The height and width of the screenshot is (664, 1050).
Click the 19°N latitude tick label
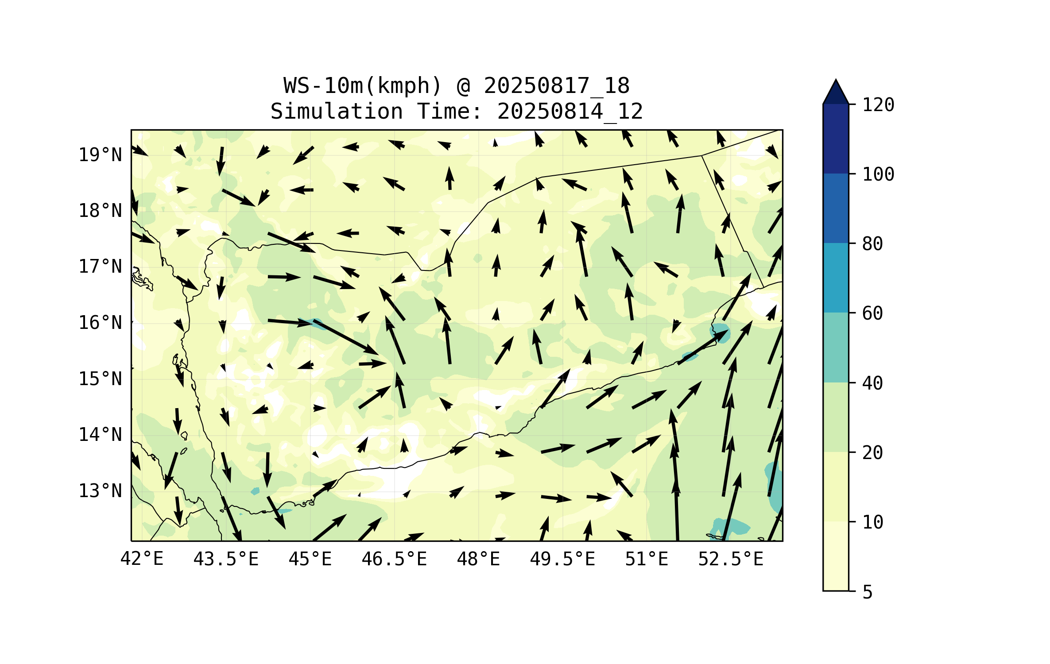point(100,155)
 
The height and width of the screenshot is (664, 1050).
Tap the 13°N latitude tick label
point(100,491)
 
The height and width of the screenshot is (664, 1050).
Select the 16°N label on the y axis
point(100,323)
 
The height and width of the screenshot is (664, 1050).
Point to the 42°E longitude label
point(142,559)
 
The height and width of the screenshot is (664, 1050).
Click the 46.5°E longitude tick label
point(394,559)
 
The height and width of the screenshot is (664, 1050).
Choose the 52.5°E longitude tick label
point(731,559)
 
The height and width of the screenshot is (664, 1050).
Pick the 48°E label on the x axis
point(478,559)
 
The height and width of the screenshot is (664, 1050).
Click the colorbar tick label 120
point(878,105)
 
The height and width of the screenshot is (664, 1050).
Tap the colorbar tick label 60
point(872,313)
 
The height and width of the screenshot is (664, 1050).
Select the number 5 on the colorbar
point(868,592)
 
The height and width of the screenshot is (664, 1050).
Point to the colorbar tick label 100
point(878,174)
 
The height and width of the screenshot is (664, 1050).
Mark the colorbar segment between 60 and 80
point(836,278)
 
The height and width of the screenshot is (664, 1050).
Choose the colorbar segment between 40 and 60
point(836,347)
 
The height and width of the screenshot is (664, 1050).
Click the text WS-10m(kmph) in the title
point(363,86)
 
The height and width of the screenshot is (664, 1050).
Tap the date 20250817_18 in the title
point(556,86)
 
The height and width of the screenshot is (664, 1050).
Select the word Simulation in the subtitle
point(337,112)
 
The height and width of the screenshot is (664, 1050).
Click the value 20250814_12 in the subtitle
point(570,112)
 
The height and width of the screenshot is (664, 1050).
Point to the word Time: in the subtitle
point(449,112)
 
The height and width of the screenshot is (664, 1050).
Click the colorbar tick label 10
point(872,522)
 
